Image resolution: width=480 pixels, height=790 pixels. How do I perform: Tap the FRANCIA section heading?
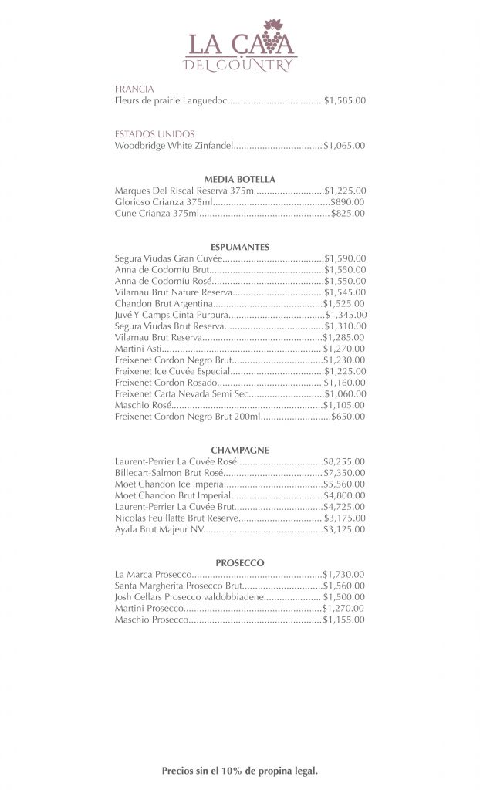tap(134, 89)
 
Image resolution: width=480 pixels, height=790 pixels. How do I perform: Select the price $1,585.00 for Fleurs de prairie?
tap(345, 100)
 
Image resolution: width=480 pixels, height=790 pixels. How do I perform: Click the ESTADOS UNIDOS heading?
tap(154, 133)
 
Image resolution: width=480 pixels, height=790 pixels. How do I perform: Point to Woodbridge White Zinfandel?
tap(174, 145)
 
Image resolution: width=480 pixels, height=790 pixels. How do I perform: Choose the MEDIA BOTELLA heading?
tap(239, 179)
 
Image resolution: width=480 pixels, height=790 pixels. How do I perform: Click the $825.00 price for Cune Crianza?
tap(348, 213)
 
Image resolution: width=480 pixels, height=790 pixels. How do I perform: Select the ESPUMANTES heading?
tap(239, 247)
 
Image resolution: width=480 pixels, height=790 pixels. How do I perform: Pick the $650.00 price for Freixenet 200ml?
tap(348, 416)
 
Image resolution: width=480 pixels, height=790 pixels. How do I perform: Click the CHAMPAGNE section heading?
tap(239, 450)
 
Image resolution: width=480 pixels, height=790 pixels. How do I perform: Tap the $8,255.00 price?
tap(344, 461)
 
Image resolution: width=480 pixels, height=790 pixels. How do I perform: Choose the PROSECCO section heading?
tap(240, 563)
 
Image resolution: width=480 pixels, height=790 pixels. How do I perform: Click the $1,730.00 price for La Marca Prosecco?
tap(344, 575)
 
